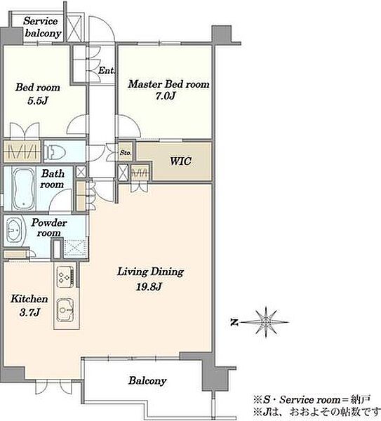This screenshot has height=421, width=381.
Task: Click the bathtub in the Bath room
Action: click(24, 189)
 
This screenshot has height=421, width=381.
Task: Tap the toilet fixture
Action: click(55, 152)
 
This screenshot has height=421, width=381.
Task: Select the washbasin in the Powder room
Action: click(14, 230)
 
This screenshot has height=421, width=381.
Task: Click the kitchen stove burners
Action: click(65, 276)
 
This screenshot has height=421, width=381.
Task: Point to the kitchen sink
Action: click(65, 310)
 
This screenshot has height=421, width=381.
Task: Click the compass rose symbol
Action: click(266, 321)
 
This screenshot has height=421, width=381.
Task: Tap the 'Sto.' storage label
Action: click(126, 153)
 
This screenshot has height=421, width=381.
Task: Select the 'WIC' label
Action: click(181, 161)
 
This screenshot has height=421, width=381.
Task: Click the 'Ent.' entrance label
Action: click(107, 70)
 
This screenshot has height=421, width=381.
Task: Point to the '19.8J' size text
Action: click(149, 286)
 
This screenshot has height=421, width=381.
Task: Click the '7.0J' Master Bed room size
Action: click(166, 95)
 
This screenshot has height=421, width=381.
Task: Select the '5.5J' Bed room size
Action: click(38, 100)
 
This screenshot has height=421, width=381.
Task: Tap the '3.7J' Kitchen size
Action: click(29, 312)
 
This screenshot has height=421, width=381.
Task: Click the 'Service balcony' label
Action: click(41, 27)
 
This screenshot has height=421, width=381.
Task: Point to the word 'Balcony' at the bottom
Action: click(147, 381)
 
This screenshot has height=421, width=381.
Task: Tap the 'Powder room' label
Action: click(48, 227)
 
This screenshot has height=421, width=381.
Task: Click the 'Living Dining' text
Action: click(151, 272)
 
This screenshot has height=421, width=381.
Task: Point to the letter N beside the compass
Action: click(234, 322)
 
